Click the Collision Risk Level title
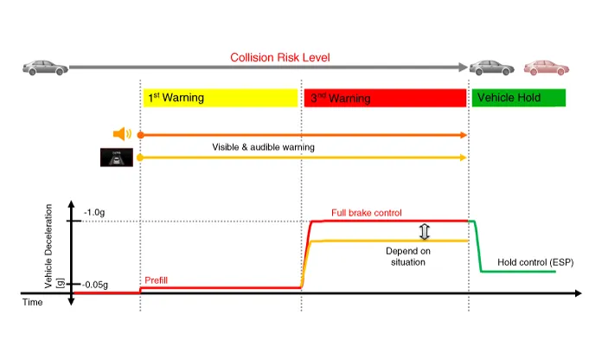tap(280, 57)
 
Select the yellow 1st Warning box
tap(221, 98)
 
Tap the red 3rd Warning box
tap(385, 98)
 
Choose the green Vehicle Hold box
tap(518, 98)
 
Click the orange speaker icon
tap(122, 134)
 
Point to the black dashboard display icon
tap(117, 157)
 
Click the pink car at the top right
tap(547, 67)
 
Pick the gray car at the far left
tap(45, 67)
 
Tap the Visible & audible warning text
tap(263, 147)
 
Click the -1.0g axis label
tap(94, 212)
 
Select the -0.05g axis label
tap(94, 285)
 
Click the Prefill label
tap(156, 280)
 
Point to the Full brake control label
tap(367, 213)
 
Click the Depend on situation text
tap(408, 256)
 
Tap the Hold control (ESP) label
tap(535, 262)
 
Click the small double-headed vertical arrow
tap(425, 231)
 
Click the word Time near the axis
tap(32, 302)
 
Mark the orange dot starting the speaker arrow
tap(141, 135)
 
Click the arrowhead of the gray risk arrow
tap(463, 67)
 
